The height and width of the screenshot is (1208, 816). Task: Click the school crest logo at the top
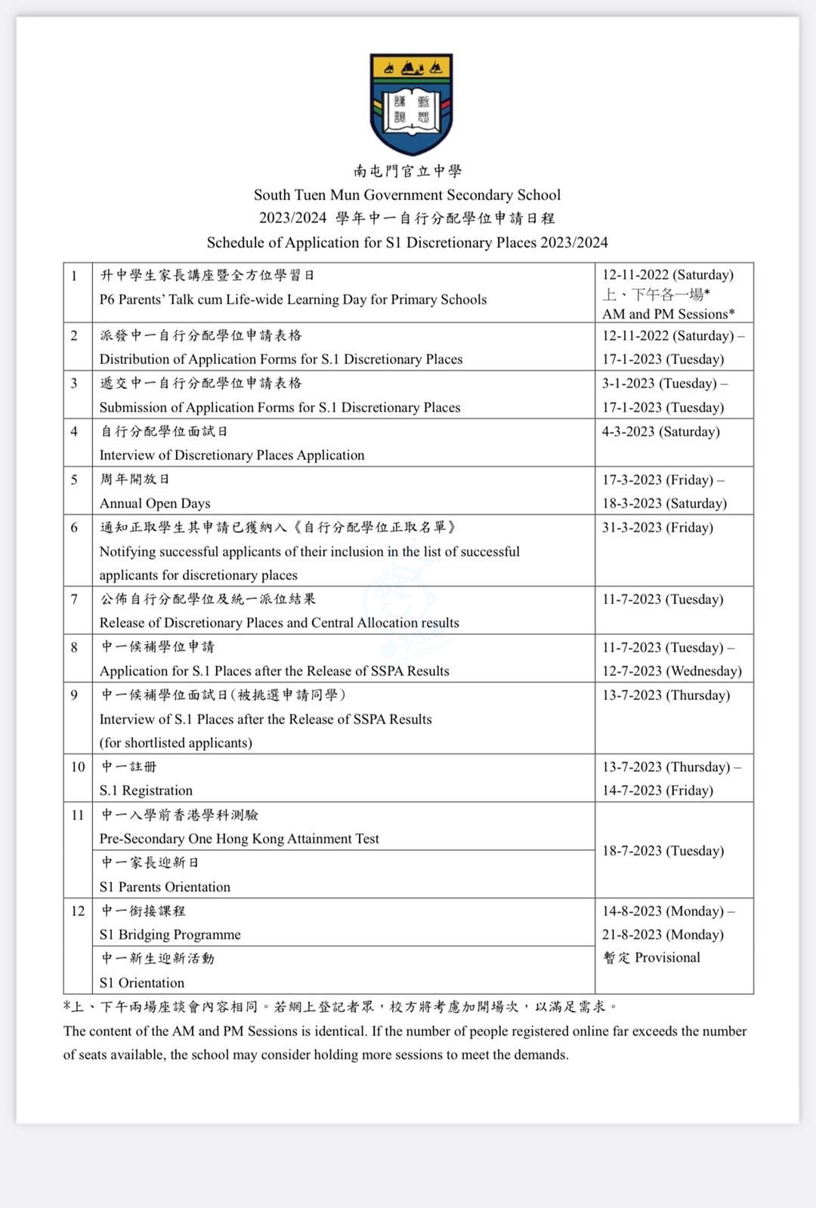(x=411, y=103)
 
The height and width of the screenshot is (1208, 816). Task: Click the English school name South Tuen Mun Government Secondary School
(x=407, y=195)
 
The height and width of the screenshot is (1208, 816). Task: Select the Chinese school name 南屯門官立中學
(x=407, y=171)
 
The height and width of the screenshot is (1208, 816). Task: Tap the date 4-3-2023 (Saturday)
(x=660, y=432)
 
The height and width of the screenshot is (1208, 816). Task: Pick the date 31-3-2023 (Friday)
(x=657, y=528)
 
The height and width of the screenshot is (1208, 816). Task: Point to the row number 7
(x=74, y=599)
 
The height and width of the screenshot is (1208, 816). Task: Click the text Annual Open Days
(x=155, y=504)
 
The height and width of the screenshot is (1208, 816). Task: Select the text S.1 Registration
(x=146, y=790)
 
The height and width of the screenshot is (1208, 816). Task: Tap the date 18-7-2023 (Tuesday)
(x=663, y=851)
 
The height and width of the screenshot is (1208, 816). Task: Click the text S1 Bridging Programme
(x=170, y=935)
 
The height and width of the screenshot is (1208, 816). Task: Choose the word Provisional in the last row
(x=667, y=958)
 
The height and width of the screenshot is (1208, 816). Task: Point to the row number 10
(x=78, y=767)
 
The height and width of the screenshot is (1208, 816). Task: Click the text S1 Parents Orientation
(x=165, y=887)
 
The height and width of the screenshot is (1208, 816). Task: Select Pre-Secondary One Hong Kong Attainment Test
(x=240, y=839)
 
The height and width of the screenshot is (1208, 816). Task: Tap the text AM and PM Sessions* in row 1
(x=668, y=314)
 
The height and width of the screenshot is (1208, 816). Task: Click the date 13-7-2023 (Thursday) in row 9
(x=666, y=695)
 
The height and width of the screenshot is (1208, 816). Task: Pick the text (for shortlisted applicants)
(x=175, y=743)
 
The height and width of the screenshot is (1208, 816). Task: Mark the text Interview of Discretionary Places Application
(x=232, y=455)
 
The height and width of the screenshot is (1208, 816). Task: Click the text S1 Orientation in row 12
(x=142, y=983)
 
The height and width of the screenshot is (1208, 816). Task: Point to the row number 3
(x=74, y=384)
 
